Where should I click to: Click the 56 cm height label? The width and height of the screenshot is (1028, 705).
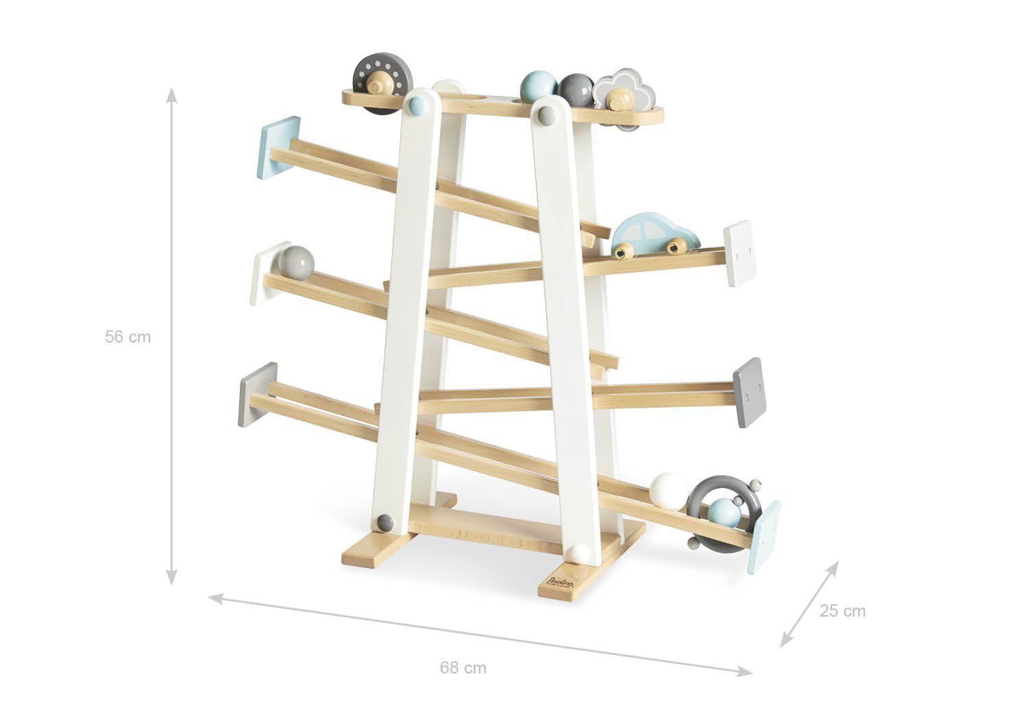127,337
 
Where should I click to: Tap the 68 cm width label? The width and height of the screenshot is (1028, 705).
463,667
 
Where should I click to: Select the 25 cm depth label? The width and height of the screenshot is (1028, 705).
842,610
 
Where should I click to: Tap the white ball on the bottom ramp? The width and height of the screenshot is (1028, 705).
669,491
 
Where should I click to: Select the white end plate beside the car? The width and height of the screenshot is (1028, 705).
738,253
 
